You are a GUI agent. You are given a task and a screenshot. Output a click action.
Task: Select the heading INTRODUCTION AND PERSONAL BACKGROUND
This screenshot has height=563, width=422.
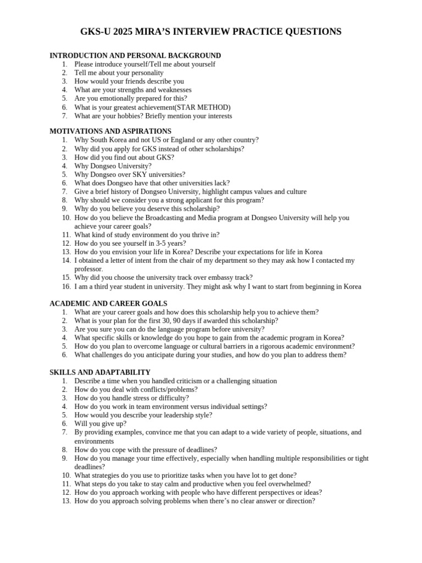[x=135, y=56]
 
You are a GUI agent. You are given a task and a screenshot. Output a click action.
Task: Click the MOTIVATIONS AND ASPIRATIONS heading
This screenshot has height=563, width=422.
[x=110, y=131]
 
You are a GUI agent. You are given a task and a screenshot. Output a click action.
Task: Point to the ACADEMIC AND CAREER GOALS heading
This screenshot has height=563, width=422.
[x=108, y=303]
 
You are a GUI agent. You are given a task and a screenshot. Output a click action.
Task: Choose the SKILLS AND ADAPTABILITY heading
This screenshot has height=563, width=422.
[x=100, y=372]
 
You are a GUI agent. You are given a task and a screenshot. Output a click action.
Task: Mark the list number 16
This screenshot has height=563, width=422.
[x=66, y=286]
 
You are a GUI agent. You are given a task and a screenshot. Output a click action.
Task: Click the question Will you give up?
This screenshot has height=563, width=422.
[x=100, y=424]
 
